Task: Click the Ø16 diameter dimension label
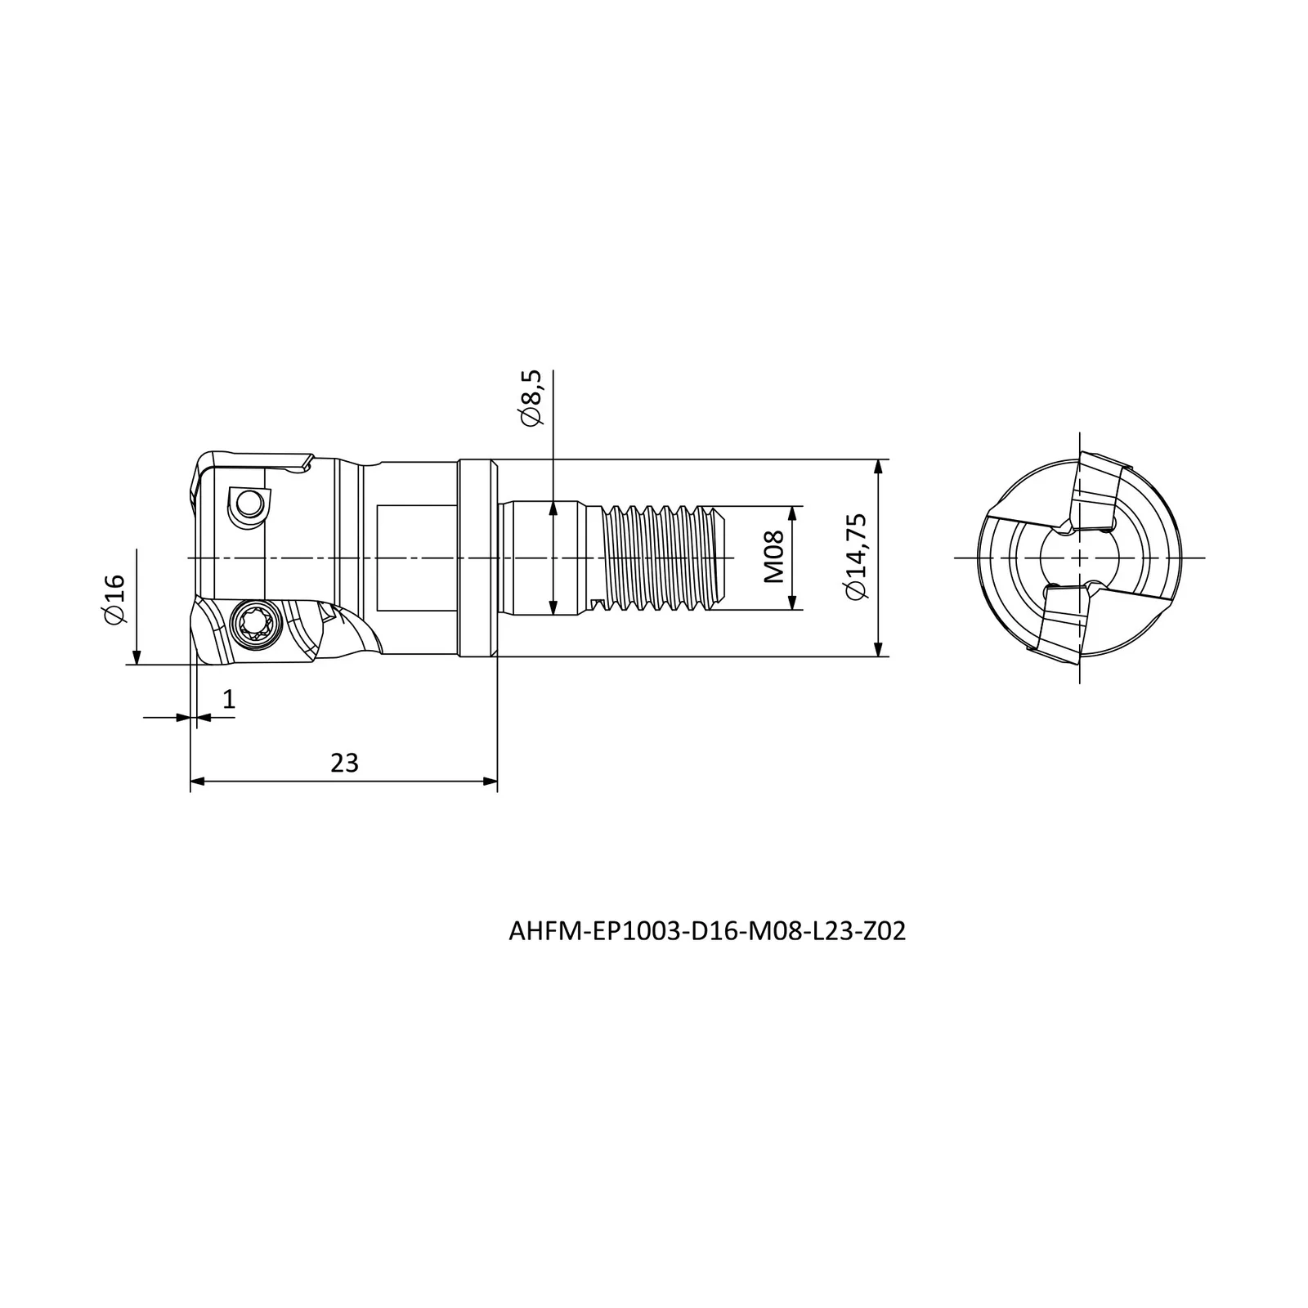[x=114, y=599]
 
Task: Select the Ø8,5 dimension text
[x=531, y=397]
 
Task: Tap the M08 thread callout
[x=773, y=557]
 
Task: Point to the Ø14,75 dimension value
[x=857, y=557]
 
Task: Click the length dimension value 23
[x=344, y=763]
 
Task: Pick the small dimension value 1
[x=229, y=699]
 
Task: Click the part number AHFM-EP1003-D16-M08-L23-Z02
[x=707, y=932]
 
